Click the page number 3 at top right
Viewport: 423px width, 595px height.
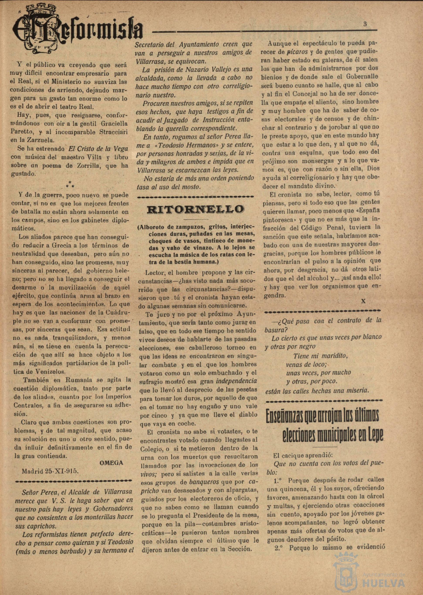[x=365, y=24]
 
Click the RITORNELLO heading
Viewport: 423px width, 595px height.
[x=195, y=209]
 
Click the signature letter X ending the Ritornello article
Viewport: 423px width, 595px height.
[x=363, y=301]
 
